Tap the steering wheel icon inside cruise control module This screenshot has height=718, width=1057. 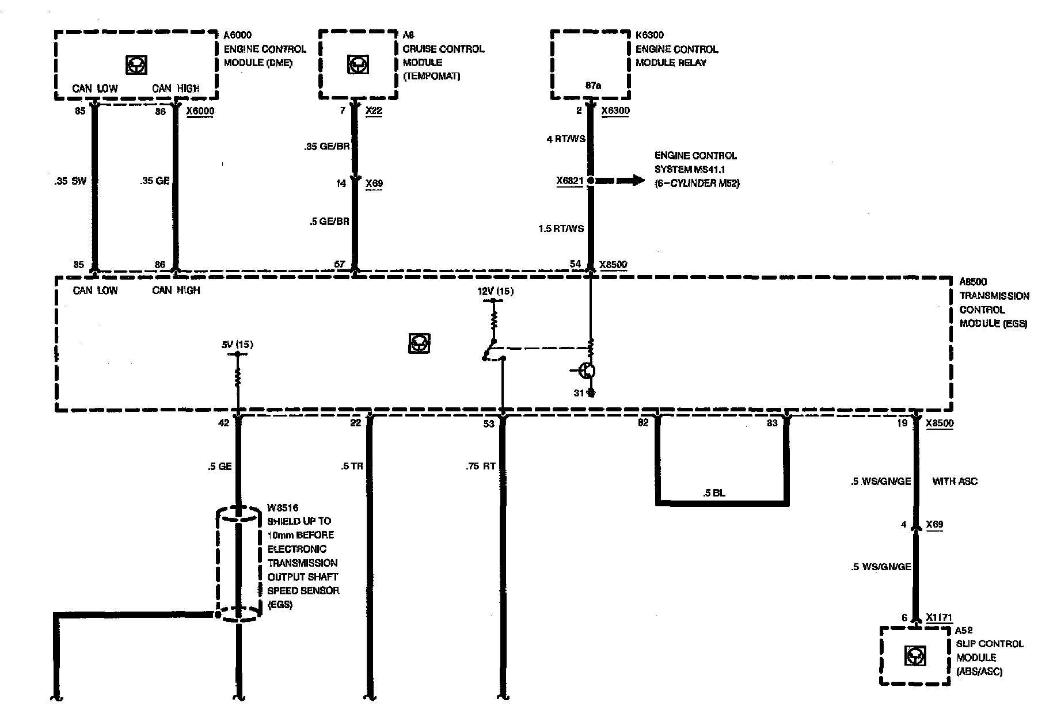pyautogui.click(x=358, y=64)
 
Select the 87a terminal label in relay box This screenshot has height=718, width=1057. pyautogui.click(x=594, y=86)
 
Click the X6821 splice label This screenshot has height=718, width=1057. pyautogui.click(x=570, y=181)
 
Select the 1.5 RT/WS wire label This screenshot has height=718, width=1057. pyautogui.click(x=561, y=228)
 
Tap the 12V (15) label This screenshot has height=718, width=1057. pyautogui.click(x=495, y=291)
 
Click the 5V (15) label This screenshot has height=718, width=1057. pyautogui.click(x=237, y=345)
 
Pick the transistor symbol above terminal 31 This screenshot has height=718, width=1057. pyautogui.click(x=587, y=371)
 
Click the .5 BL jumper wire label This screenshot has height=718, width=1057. pyautogui.click(x=714, y=493)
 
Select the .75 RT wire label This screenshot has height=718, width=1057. pyautogui.click(x=481, y=467)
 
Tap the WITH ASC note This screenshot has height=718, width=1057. pyautogui.click(x=955, y=481)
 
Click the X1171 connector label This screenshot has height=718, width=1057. pyautogui.click(x=940, y=618)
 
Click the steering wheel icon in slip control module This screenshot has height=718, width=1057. pyautogui.click(x=914, y=656)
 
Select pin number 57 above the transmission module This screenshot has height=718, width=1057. pyautogui.click(x=340, y=265)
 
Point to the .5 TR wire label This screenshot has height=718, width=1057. pyautogui.click(x=352, y=467)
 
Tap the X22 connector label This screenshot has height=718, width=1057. pyautogui.click(x=374, y=111)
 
